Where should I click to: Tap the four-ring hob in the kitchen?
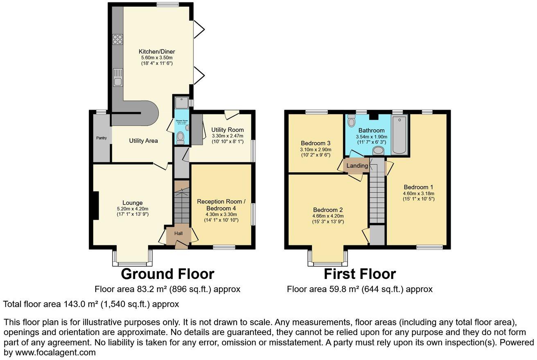[x=117, y=39]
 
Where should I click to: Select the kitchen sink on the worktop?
[x=118, y=77]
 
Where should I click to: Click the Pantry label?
[x=101, y=138]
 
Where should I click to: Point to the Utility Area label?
[x=143, y=141]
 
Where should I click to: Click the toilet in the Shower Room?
[x=181, y=139]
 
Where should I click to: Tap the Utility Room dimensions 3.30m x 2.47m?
[x=228, y=136]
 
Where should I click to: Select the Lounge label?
[x=133, y=202]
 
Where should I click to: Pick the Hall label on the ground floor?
[x=178, y=233]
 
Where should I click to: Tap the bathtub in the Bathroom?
[x=399, y=134]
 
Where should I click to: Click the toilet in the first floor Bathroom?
[x=351, y=121]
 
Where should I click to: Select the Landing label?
[x=356, y=166]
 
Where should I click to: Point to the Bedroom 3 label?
[x=315, y=143]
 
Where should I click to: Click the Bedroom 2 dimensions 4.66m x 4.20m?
[x=327, y=216]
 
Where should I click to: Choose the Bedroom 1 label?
[x=418, y=188]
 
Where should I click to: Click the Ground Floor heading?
[x=167, y=274]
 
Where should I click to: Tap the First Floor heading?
[x=360, y=274]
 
